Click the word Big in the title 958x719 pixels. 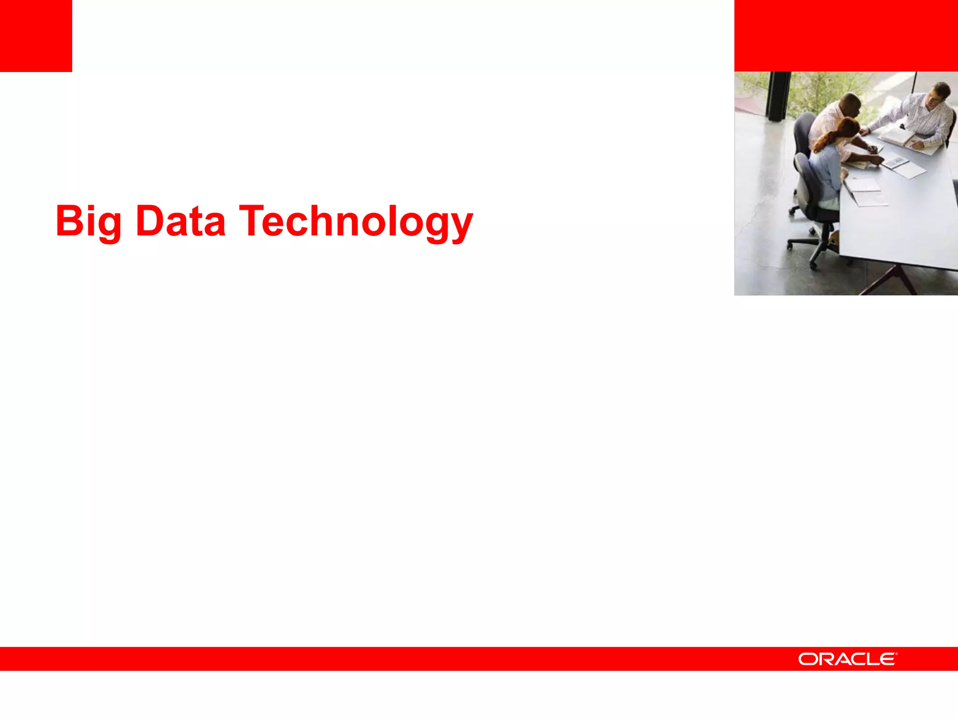[88, 221]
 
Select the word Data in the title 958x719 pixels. [181, 221]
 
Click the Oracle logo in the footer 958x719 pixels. [847, 659]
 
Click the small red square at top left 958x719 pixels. [36, 36]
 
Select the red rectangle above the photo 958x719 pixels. [846, 36]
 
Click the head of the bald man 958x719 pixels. [849, 104]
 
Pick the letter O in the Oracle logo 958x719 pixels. [807, 659]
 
